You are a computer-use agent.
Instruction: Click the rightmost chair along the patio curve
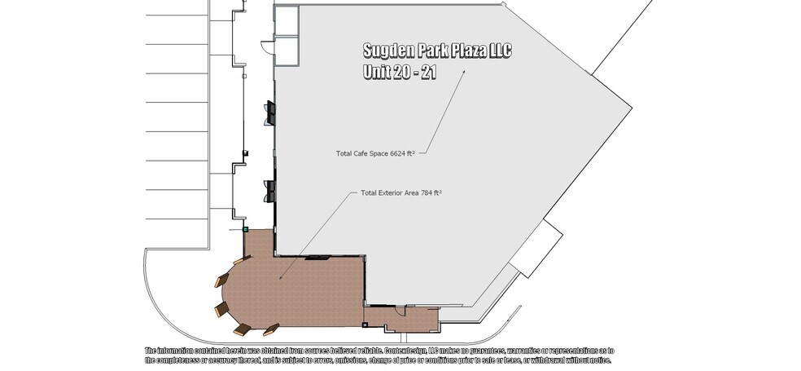click(x=271, y=329)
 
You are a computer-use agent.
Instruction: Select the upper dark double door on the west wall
click(x=270, y=113)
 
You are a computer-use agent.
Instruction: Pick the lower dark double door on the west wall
click(x=270, y=190)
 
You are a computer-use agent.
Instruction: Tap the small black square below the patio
click(x=365, y=326)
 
